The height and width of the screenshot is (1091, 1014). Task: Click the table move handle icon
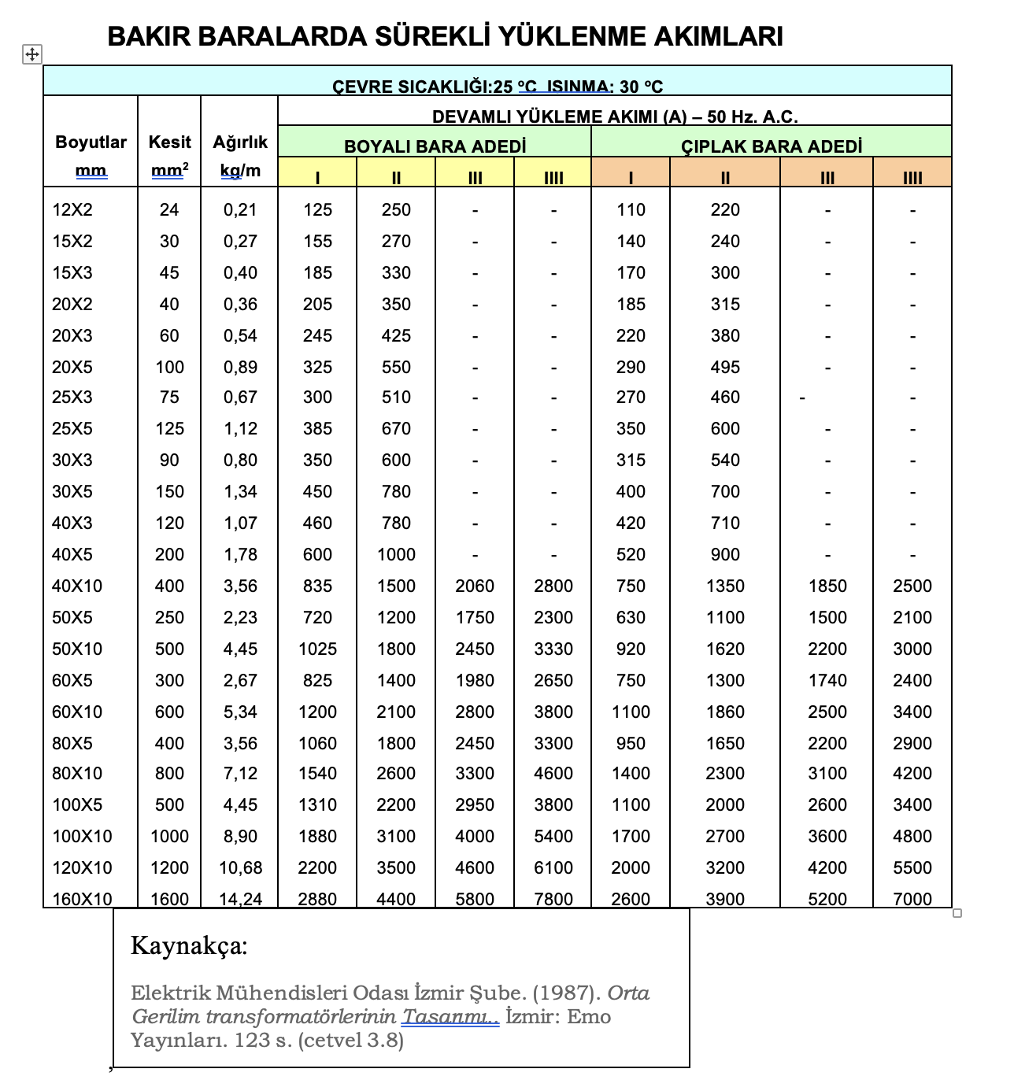[31, 54]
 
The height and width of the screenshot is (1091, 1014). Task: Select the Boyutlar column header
[91, 142]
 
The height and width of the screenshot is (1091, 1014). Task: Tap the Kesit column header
[169, 142]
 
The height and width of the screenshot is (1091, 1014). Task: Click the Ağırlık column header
[240, 142]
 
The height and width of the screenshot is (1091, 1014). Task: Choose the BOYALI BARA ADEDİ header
[435, 146]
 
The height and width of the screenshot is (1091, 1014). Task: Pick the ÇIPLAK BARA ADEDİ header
[771, 146]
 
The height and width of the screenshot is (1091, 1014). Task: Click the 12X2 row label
[72, 209]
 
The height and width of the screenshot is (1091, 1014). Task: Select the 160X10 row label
[82, 898]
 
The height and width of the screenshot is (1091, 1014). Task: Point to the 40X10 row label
[77, 586]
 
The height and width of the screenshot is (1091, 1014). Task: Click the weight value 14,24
[240, 898]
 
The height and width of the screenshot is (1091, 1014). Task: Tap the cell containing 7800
[553, 898]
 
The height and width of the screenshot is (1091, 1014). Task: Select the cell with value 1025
[317, 649]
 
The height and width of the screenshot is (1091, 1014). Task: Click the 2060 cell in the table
[475, 586]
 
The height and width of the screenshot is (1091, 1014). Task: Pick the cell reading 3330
[553, 649]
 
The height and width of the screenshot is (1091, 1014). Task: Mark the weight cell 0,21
[240, 209]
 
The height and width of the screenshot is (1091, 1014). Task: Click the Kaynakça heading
[189, 945]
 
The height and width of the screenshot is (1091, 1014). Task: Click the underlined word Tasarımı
[450, 1016]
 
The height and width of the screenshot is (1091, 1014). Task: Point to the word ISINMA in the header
[578, 87]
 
